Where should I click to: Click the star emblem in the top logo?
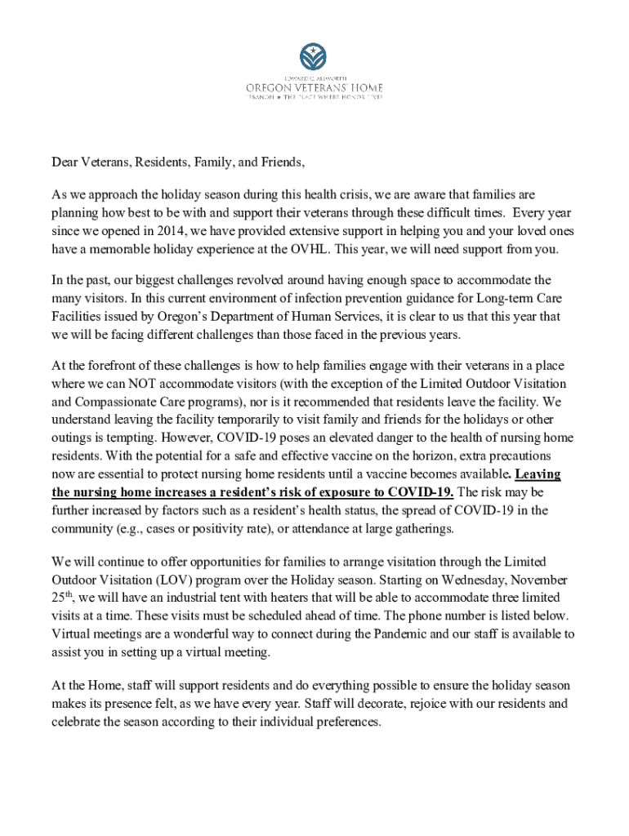pos(314,56)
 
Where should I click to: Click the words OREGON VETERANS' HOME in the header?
pos(314,87)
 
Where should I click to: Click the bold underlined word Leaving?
pos(539,474)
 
